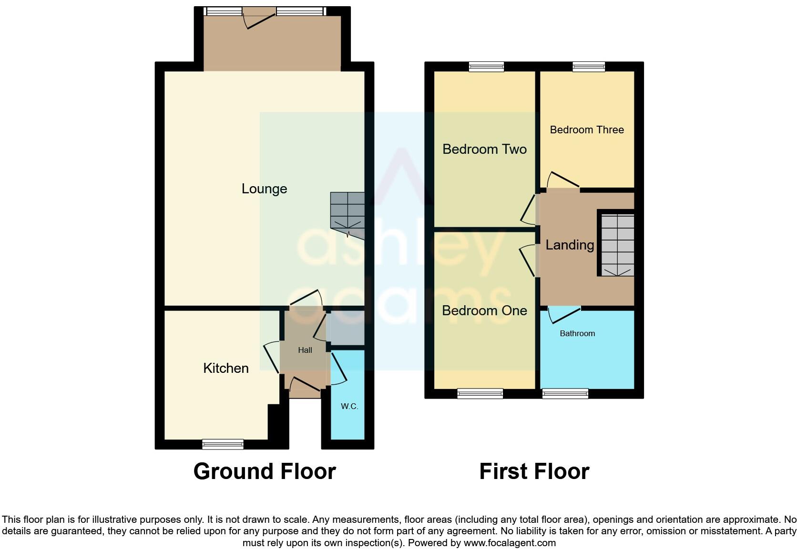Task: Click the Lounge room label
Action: coord(264,189)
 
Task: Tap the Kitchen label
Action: coord(225,368)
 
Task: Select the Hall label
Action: coord(305,350)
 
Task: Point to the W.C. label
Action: coord(349,406)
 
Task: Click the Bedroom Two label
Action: coord(484,150)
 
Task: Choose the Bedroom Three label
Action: coord(587,130)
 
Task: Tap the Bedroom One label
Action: coord(484,311)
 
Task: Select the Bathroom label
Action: coord(577,334)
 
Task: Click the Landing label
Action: coord(570,245)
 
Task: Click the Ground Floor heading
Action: coord(265,471)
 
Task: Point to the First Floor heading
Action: coord(534,471)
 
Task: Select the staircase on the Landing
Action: coord(617,245)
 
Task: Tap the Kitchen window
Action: coord(223,444)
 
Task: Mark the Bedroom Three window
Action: coord(589,67)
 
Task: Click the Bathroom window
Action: coord(565,393)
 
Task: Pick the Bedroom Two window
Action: coord(486,67)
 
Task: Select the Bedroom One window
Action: coord(480,393)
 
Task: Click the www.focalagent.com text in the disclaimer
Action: coord(510,543)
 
